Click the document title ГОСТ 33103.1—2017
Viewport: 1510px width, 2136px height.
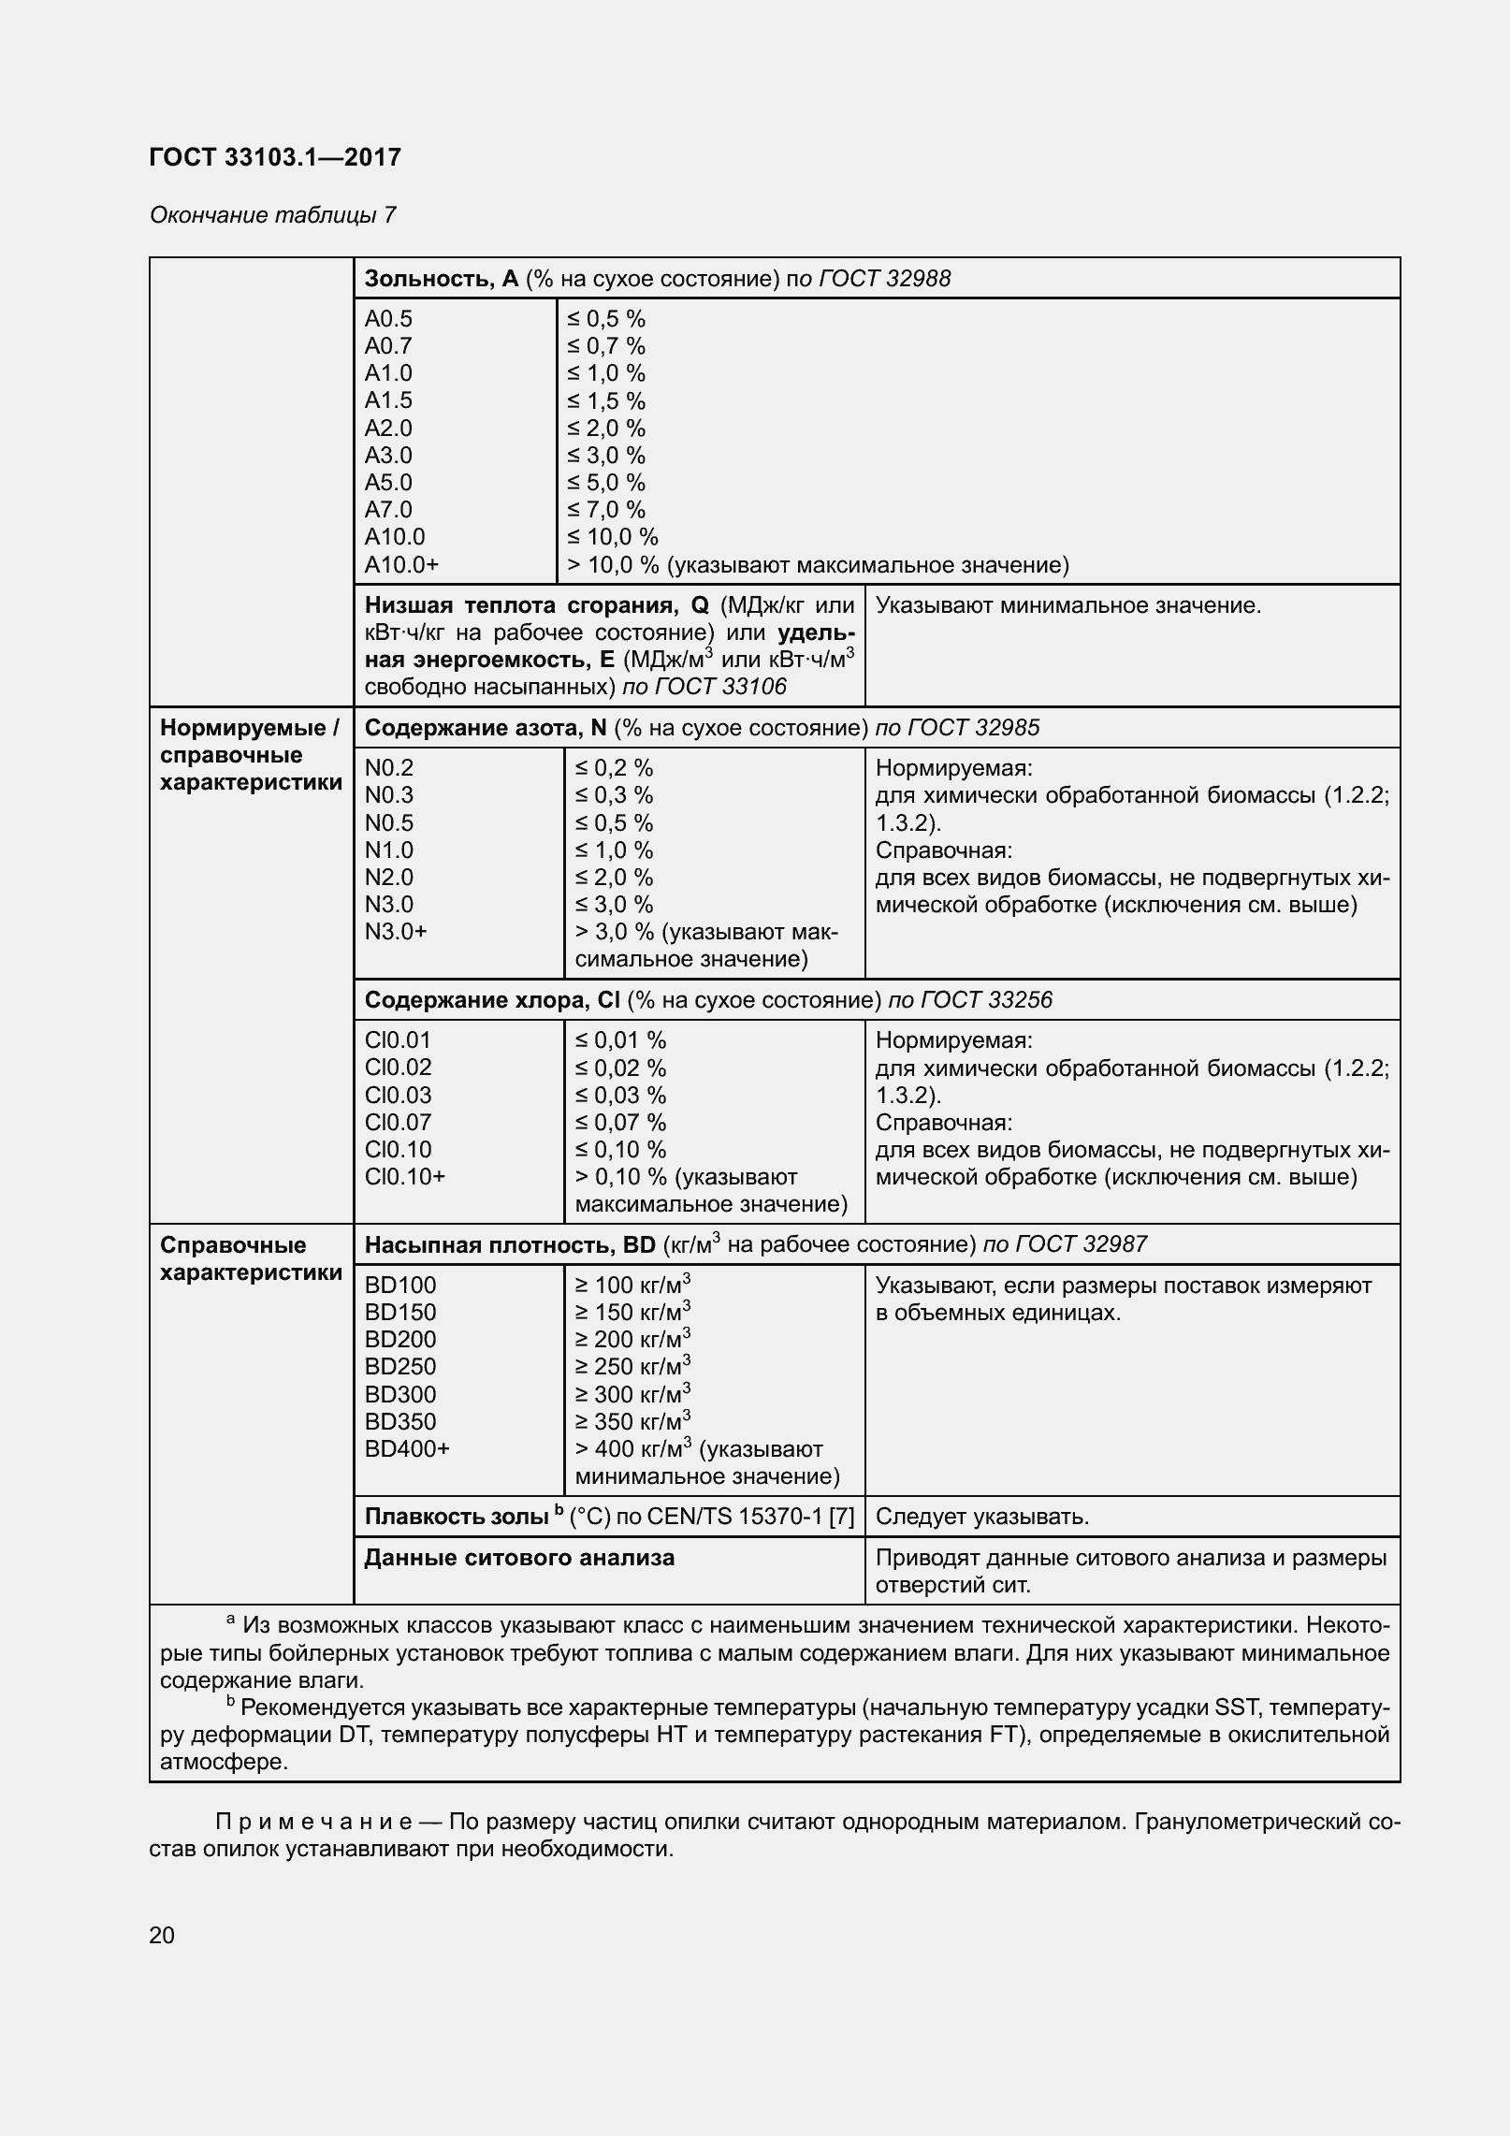pos(275,157)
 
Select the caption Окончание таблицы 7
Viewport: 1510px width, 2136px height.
pos(272,215)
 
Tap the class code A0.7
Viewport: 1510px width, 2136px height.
pos(388,346)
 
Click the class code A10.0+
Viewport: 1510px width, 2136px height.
pos(401,565)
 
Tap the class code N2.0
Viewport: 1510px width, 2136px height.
pos(388,878)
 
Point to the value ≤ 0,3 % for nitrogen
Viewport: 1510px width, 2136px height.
pos(614,795)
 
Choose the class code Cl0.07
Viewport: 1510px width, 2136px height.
pos(398,1123)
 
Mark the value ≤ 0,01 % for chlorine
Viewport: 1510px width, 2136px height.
pos(620,1040)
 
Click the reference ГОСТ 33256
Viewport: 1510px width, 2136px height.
pos(986,1000)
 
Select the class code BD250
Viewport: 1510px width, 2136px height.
pos(400,1367)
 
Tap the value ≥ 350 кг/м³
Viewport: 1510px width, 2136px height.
pos(632,1421)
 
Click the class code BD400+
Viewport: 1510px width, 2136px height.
pos(407,1449)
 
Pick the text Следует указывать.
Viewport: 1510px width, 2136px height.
pos(981,1517)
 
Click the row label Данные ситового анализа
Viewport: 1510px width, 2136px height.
pos(519,1558)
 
